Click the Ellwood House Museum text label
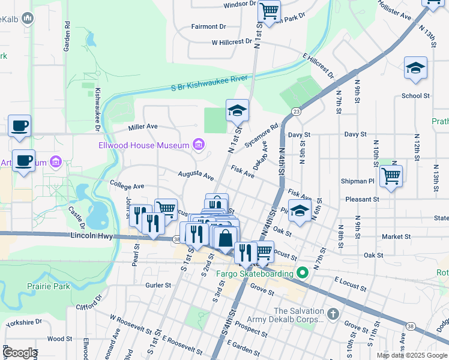143,145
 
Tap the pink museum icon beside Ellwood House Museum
198,145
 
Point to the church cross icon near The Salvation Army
334,313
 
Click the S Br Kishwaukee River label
209,86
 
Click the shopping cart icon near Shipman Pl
391,176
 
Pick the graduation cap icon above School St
415,68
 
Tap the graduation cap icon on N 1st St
238,110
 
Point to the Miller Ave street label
143,127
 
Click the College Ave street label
127,187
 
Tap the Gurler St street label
159,286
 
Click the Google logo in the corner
20,353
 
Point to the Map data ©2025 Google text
412,355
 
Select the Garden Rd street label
67,37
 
